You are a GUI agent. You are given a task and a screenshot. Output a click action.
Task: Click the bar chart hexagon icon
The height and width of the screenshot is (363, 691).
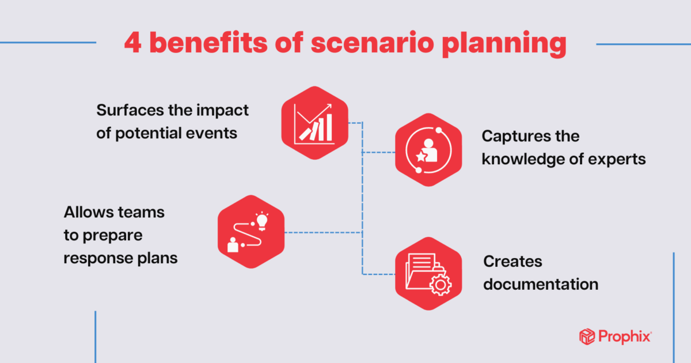tap(314, 123)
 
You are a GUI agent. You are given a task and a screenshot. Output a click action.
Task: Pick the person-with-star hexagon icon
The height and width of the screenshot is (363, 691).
tap(428, 150)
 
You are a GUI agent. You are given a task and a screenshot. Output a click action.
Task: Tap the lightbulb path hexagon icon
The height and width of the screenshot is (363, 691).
tap(252, 232)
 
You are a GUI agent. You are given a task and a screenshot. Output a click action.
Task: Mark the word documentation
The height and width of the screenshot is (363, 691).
tap(541, 284)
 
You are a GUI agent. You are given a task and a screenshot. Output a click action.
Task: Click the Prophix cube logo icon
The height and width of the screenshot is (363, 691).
tap(587, 336)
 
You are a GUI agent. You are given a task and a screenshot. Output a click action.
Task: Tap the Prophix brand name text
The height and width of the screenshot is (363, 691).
tap(624, 336)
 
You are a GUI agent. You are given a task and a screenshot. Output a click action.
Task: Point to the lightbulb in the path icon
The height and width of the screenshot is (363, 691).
tap(262, 220)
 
